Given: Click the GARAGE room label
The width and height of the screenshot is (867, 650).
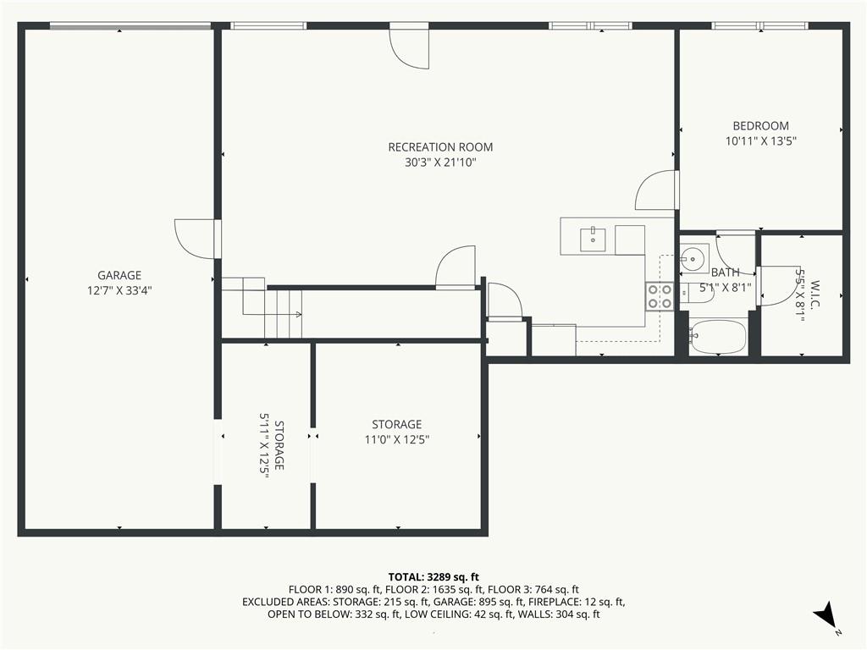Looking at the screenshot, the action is pos(119,275).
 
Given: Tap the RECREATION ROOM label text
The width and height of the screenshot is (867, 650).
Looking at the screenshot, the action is pos(440,147).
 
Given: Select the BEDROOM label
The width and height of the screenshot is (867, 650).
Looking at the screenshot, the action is pos(760,126).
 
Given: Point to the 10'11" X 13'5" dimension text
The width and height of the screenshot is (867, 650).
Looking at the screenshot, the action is pos(760,141).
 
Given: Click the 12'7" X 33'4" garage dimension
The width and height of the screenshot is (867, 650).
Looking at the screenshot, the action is pos(119,290).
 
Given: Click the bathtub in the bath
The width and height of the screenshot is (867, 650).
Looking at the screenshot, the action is pos(718,337).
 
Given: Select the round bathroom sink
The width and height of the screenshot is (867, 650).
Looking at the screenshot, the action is pos(692,257).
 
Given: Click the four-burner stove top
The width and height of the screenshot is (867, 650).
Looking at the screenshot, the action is pos(659,296).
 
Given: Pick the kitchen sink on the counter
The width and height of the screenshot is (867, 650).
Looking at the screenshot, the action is pos(593,240).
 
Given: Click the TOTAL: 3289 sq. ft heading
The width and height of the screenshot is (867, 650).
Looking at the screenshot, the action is pos(433,577).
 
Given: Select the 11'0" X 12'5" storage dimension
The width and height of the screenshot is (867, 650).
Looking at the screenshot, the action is pos(397,440).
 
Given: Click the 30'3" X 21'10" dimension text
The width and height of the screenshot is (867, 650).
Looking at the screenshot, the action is pos(440,162).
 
